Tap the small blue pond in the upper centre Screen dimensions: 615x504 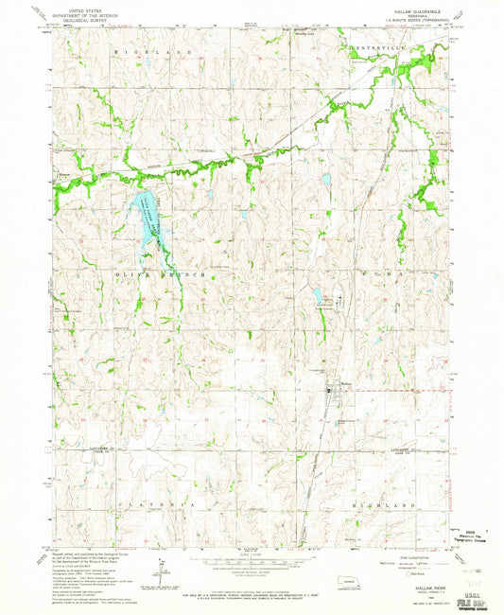[323, 180]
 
